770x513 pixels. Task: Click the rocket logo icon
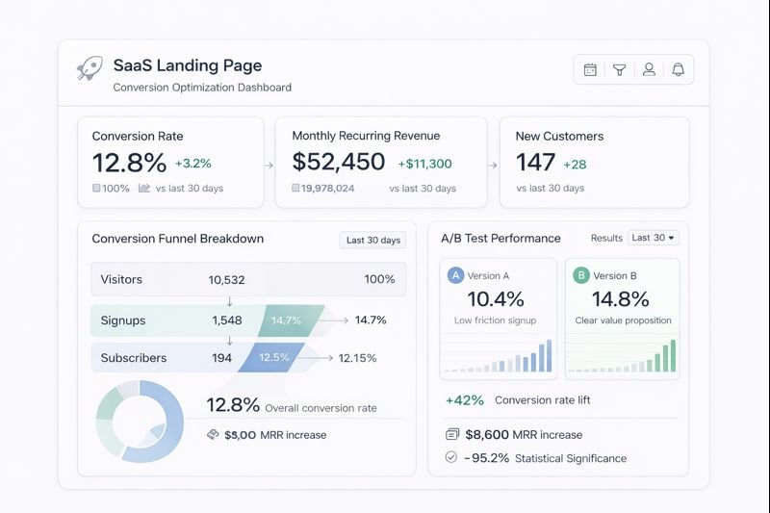90,68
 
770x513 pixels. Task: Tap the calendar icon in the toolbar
590,69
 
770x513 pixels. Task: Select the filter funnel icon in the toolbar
620,69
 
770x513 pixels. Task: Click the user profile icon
649,69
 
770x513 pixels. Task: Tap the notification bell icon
678,69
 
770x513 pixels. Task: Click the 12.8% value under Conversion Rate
129,163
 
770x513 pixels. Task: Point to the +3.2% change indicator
193,164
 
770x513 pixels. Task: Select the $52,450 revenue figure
339,163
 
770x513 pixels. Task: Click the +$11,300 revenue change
423,164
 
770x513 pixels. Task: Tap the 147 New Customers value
535,163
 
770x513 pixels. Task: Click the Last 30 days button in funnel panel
372,240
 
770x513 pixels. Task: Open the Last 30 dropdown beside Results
654,238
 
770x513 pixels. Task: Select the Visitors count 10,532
226,280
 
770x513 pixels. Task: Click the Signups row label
123,320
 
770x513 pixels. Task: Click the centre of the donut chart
140,421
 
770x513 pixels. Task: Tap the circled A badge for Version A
455,275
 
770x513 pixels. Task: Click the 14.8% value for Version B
621,299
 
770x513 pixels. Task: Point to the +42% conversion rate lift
465,400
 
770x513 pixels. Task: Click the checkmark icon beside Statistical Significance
451,458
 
